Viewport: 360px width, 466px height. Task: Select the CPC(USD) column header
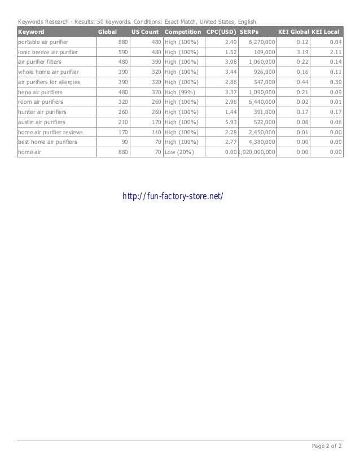click(221, 32)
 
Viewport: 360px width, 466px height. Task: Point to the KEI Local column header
click(326, 32)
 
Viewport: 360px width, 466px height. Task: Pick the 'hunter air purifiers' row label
click(42, 112)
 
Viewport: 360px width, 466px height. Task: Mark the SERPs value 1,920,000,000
click(257, 152)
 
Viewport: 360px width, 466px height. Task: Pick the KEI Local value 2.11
click(335, 52)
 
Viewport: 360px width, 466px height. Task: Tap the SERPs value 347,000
click(262, 82)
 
